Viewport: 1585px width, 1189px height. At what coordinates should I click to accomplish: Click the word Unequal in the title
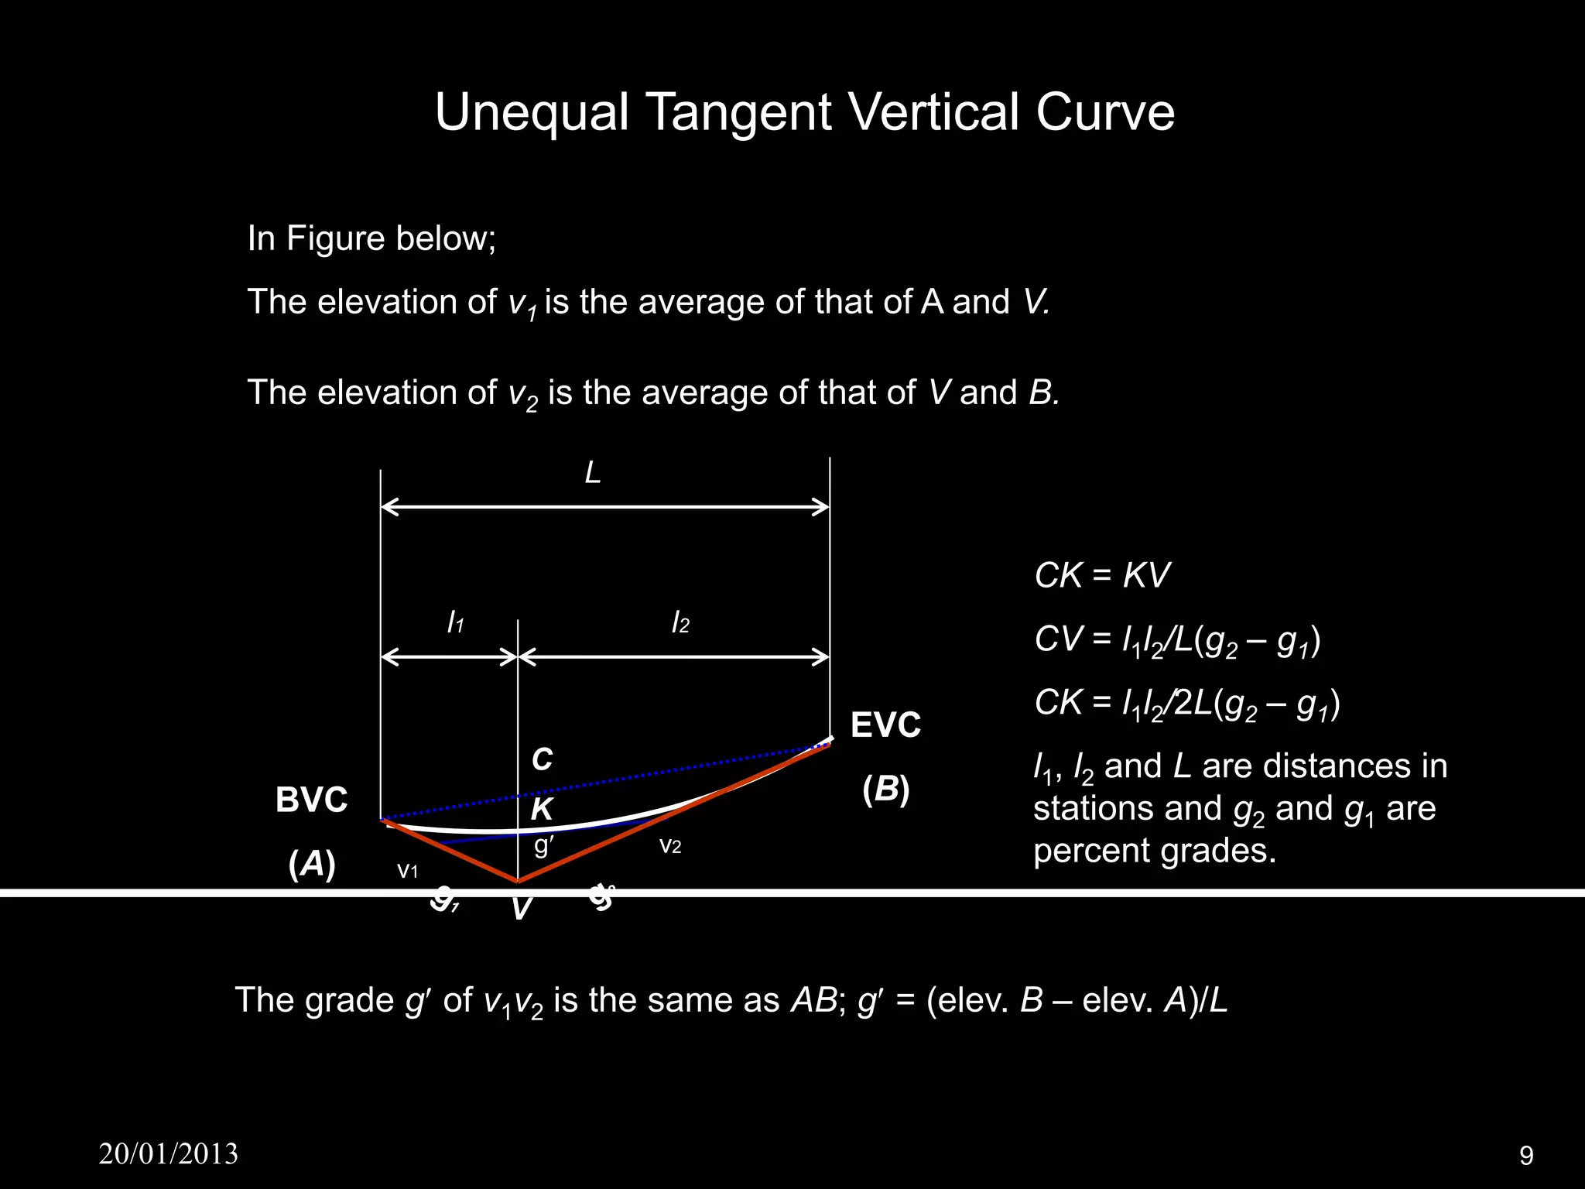531,112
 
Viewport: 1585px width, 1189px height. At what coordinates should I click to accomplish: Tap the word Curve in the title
1105,112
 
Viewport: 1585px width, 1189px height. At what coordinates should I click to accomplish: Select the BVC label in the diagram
311,800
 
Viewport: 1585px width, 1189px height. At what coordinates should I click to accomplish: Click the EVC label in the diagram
885,725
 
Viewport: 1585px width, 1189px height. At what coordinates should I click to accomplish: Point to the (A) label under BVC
311,864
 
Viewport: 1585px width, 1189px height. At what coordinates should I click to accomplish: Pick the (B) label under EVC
885,789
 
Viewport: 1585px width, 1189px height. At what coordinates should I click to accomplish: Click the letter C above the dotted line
542,759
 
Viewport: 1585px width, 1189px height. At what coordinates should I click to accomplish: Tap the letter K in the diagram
541,809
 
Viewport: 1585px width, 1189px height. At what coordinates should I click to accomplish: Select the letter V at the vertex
521,909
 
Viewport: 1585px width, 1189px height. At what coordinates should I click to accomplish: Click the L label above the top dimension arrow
593,472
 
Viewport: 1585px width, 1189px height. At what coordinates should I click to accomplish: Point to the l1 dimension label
455,622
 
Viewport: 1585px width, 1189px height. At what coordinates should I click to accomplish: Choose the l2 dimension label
680,622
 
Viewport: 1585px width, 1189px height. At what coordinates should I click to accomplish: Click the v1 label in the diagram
407,871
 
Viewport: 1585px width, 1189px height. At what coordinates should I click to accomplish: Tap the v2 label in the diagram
669,845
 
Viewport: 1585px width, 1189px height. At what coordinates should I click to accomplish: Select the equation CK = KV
1101,575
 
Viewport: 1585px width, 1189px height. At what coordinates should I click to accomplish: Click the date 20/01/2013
169,1153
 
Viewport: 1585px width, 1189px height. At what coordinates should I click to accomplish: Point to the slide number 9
1526,1156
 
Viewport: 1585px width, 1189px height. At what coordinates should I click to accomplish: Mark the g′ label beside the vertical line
544,845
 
